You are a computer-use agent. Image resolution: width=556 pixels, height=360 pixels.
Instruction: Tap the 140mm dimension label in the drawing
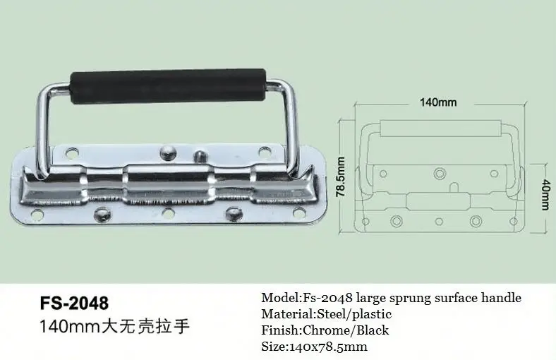point(438,102)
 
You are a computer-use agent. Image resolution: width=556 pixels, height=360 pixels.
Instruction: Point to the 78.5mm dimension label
point(340,177)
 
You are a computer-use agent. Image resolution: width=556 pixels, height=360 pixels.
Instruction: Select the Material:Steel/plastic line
point(326,314)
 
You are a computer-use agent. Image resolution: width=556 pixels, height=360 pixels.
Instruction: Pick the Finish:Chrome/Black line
point(325,330)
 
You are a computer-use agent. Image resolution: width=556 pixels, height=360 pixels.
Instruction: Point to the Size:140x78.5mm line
point(314,347)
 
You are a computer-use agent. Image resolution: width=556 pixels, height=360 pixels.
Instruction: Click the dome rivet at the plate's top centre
point(167,150)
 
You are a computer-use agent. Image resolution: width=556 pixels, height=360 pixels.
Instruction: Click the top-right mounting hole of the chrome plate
point(264,151)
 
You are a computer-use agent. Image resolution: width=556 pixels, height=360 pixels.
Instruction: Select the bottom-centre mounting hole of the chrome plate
point(167,212)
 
